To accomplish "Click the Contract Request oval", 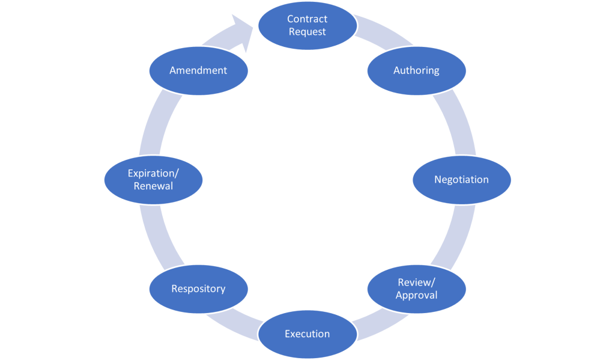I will pos(307,25).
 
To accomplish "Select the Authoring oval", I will pos(416,70).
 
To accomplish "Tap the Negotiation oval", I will pos(461,180).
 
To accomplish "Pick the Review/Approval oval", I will pos(416,288).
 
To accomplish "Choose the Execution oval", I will pos(307,334).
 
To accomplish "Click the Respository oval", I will pos(198,288).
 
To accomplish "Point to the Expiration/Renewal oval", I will pos(153,180).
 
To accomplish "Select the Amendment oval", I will pos(198,70).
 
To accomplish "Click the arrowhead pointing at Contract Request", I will pos(243,30).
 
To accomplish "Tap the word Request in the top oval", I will pos(307,31).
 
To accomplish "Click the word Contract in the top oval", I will pos(307,19).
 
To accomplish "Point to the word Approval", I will pos(416,295).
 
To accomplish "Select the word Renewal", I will pos(153,186).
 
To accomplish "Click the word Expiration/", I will pos(153,174).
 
